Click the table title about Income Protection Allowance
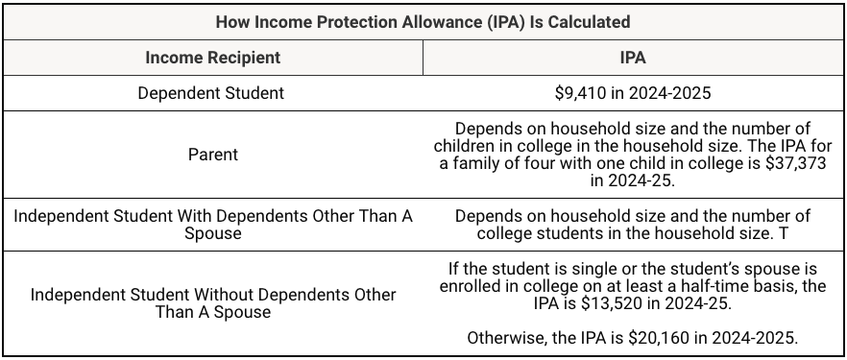click(x=423, y=20)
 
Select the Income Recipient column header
click(x=212, y=58)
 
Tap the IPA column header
click(x=633, y=58)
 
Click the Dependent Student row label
click(x=211, y=93)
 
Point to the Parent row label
click(x=212, y=154)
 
